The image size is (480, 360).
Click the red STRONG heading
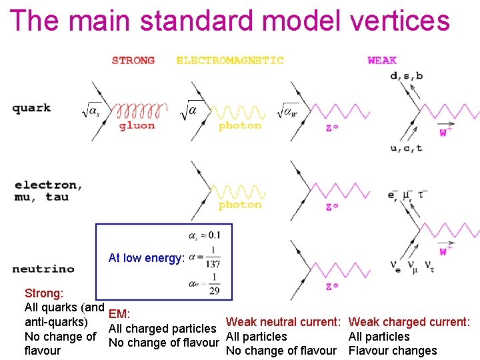133,61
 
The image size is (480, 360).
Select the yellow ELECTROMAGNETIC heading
230,61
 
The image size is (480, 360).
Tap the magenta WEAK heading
382,61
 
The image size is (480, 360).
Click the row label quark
31,109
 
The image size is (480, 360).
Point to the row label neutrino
43,269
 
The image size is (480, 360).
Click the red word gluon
137,125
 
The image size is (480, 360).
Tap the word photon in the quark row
240,125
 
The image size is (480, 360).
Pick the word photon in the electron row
240,205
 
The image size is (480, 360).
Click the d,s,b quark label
407,76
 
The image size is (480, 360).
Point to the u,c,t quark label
407,147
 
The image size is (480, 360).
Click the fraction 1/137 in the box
213,257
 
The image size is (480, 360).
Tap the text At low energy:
146,258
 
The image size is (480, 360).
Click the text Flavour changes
393,351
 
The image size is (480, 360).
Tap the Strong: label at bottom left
44,293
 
